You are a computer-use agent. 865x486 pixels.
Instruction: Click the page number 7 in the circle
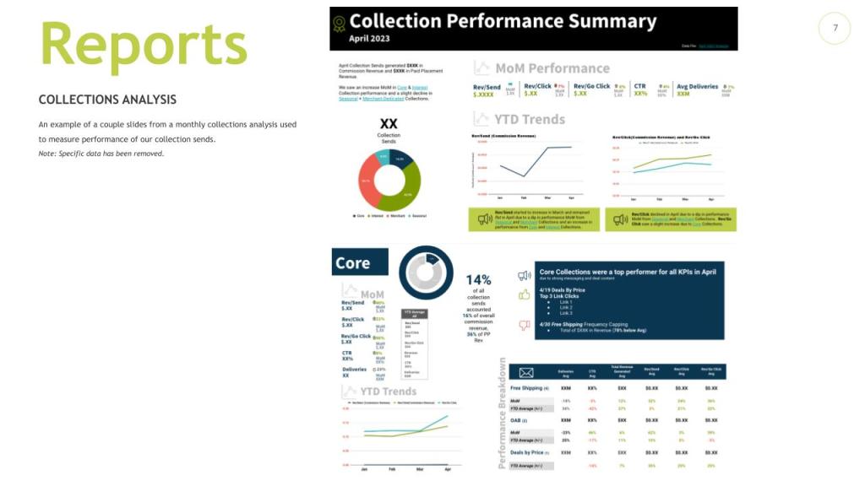[835, 29]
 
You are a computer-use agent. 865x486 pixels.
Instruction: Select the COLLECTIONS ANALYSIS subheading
[107, 100]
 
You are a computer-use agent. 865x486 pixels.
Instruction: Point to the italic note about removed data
[101, 154]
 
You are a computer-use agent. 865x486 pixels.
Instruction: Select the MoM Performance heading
[552, 68]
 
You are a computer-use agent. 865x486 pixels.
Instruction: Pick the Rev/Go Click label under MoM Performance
[591, 86]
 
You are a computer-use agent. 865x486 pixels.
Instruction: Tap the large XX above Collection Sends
[389, 124]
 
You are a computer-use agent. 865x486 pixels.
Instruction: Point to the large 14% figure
[478, 279]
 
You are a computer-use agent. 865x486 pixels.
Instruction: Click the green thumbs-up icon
[524, 294]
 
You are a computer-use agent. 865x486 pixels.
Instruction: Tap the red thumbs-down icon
[524, 325]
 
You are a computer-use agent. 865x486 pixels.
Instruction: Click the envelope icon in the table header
[525, 372]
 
